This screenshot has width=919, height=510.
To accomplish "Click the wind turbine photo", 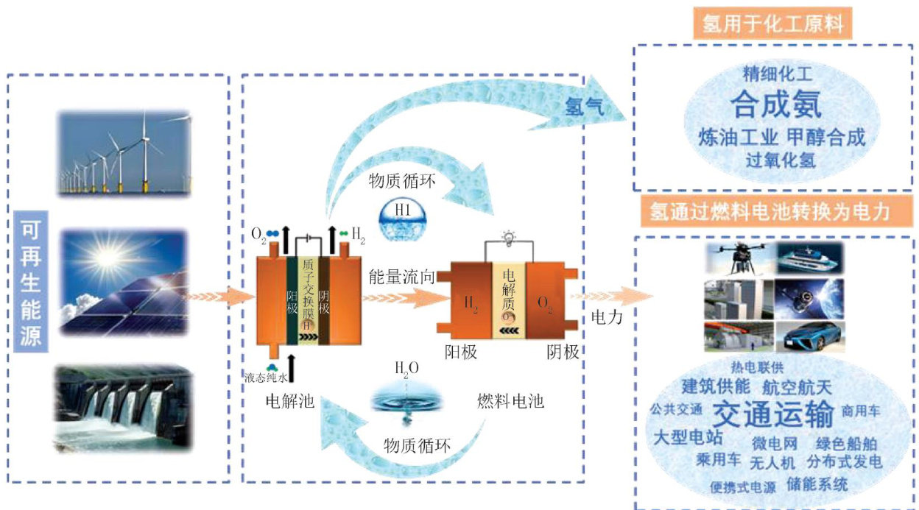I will coord(123,154).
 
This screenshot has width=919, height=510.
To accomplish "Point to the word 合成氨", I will coord(775,105).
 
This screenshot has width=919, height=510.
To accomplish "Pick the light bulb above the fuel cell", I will coord(507,236).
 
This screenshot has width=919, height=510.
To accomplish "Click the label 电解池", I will coord(289,402).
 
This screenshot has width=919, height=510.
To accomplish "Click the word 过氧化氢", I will coord(780,159).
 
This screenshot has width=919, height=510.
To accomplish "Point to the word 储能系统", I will coord(817,484).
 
